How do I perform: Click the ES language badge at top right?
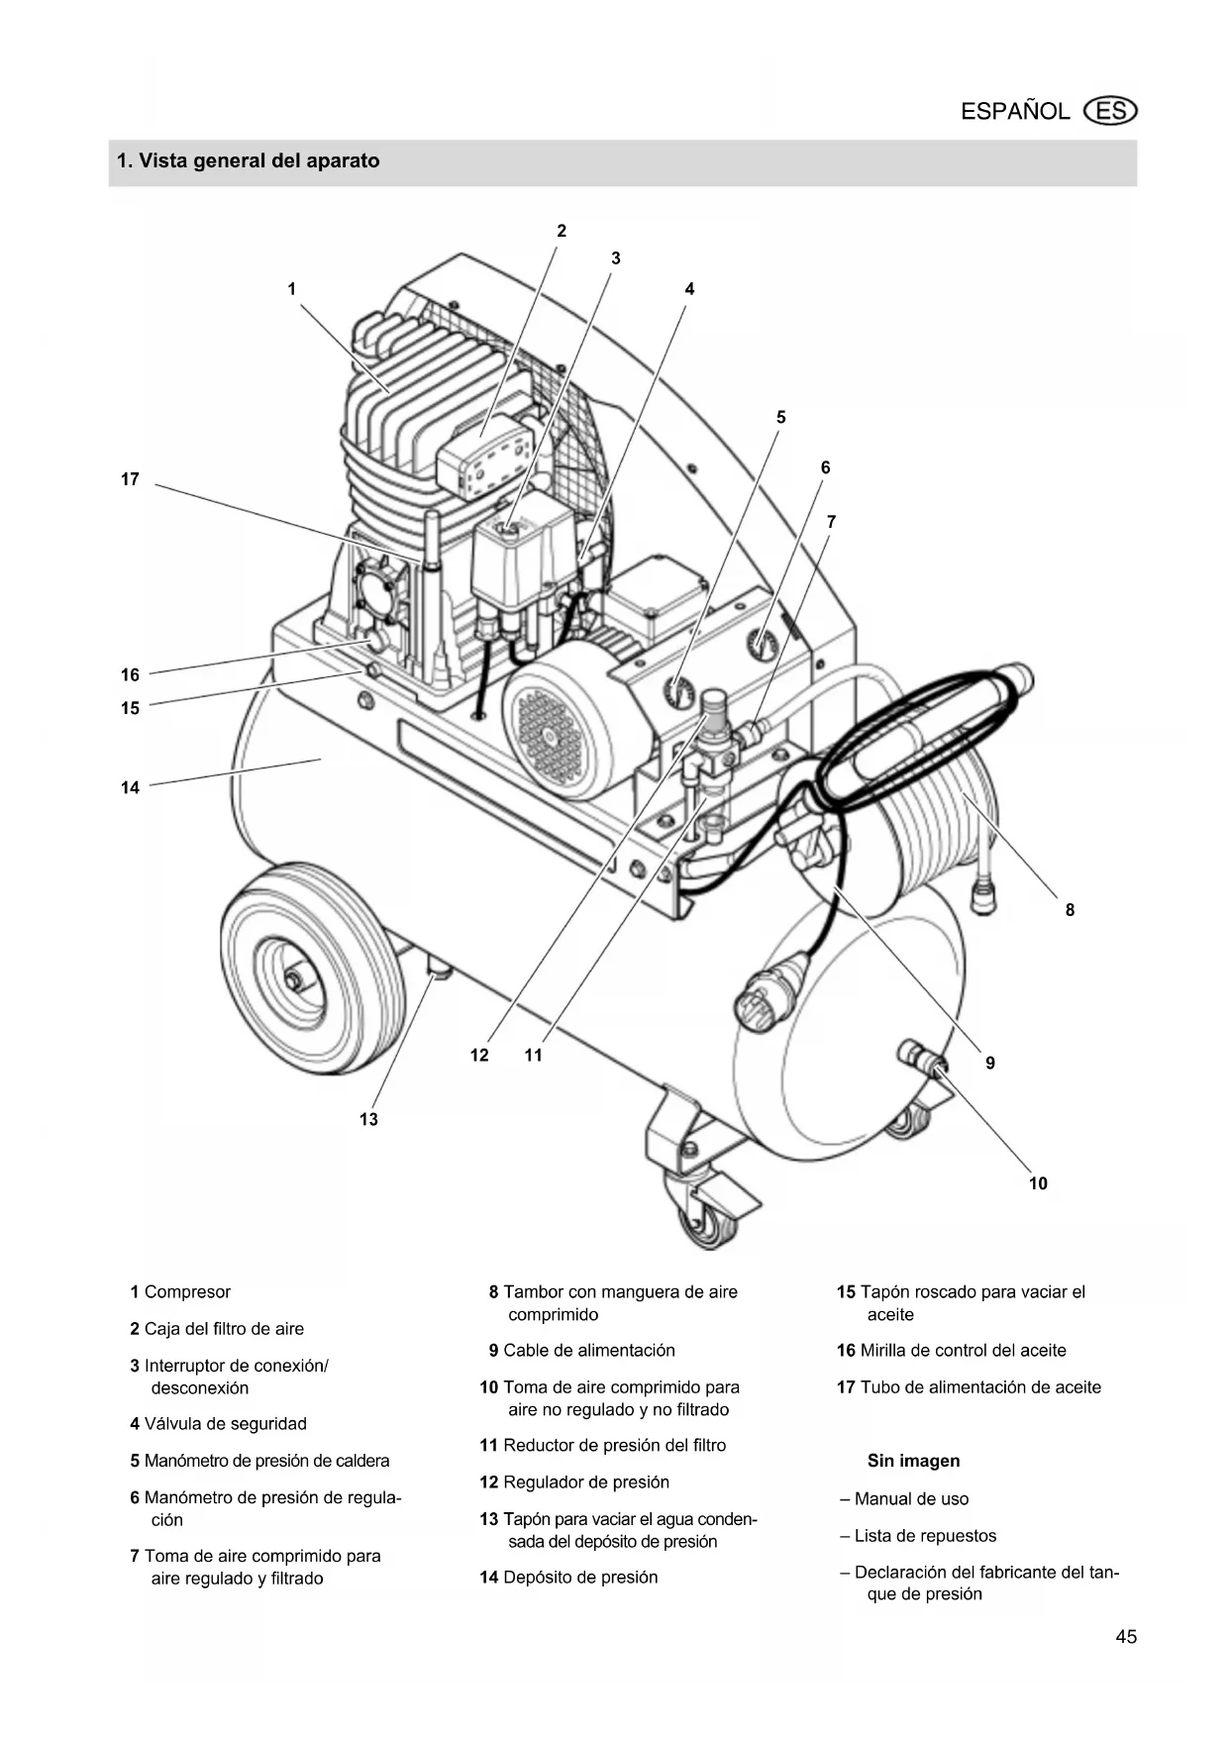(x=1111, y=111)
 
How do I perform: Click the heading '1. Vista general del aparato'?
(x=248, y=160)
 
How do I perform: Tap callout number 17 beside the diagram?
(x=130, y=479)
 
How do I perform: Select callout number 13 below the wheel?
(x=368, y=1119)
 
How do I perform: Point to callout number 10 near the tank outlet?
(x=1038, y=1183)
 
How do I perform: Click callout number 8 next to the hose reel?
(x=1070, y=910)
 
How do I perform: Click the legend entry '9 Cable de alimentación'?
(x=581, y=1351)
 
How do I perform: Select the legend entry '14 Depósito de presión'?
(x=568, y=1578)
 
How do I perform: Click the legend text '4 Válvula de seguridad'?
(x=218, y=1424)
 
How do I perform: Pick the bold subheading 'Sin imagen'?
(x=913, y=1461)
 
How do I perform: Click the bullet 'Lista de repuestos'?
(x=917, y=1536)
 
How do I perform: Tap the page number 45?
(x=1126, y=1637)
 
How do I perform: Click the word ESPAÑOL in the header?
(x=1015, y=111)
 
